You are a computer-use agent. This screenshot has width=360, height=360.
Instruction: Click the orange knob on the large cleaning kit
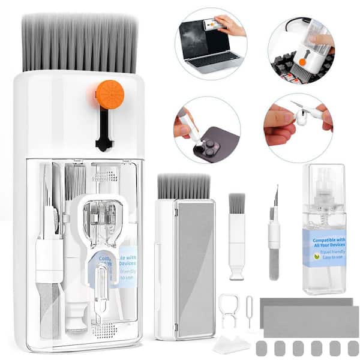(110, 95)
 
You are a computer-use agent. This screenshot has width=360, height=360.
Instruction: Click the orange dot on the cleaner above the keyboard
(303, 61)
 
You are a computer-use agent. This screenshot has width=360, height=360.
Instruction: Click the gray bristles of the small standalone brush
(237, 203)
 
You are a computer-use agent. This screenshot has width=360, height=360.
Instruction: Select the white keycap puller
(229, 309)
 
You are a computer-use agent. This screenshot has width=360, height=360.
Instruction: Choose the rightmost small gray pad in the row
(353, 348)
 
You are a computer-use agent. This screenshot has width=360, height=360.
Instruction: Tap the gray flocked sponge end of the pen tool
(274, 265)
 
